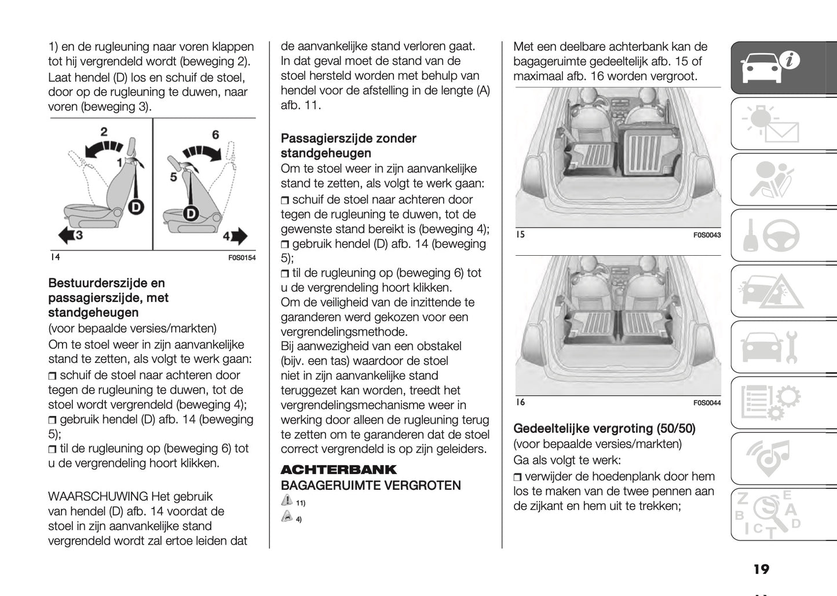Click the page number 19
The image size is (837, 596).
click(761, 569)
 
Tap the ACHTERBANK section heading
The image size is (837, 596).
click(339, 469)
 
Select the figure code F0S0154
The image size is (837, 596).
click(242, 258)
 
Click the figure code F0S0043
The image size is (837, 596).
click(707, 235)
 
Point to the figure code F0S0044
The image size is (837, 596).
click(707, 403)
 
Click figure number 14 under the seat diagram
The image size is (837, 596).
click(55, 257)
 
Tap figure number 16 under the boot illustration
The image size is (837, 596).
click(520, 402)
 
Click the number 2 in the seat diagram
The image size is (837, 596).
click(104, 131)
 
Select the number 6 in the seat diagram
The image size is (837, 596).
click(215, 135)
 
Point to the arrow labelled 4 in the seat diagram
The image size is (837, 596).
click(236, 236)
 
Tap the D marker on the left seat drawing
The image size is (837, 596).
click(136, 207)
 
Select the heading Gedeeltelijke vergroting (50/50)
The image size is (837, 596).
click(604, 429)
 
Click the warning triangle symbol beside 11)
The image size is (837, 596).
click(287, 501)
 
